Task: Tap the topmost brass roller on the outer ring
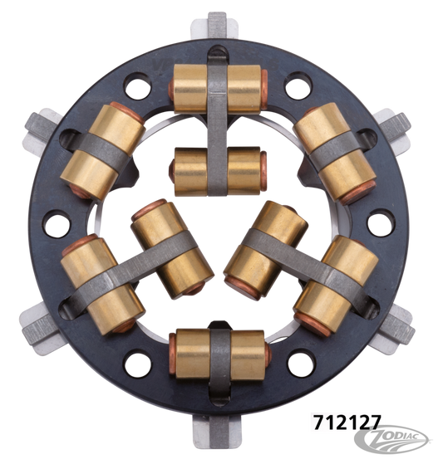(x=219, y=85)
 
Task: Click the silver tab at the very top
(x=217, y=25)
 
